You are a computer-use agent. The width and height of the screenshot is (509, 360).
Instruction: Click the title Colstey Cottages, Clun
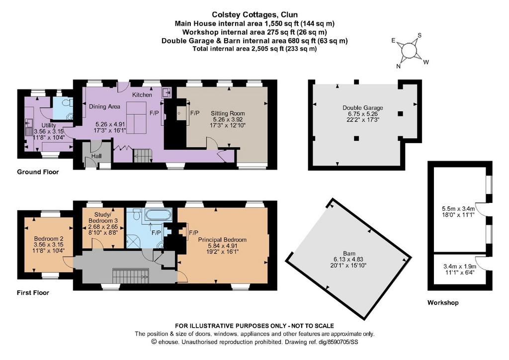(255, 14)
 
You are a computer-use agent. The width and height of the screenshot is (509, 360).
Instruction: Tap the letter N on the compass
(398, 66)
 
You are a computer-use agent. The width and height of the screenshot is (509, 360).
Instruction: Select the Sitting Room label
(228, 113)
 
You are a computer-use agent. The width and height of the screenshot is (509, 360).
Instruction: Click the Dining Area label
(104, 106)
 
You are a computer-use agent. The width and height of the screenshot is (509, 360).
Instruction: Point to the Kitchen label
(142, 95)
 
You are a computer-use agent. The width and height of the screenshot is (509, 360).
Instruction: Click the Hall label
(96, 156)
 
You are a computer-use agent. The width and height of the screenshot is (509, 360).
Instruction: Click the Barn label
(349, 254)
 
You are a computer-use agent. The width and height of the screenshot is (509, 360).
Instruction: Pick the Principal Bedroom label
(222, 240)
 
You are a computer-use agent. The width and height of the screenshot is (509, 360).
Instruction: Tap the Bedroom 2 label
(46, 239)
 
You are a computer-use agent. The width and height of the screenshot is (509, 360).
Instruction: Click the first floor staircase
(131, 276)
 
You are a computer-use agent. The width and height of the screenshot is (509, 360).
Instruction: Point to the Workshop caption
(443, 303)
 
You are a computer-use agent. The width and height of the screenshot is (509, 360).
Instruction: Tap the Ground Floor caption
(38, 172)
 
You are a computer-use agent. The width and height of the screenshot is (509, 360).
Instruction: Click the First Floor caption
(33, 293)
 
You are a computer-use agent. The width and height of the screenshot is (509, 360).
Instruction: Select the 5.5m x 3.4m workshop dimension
(458, 209)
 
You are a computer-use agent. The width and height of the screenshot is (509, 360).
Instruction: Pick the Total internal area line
(254, 49)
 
